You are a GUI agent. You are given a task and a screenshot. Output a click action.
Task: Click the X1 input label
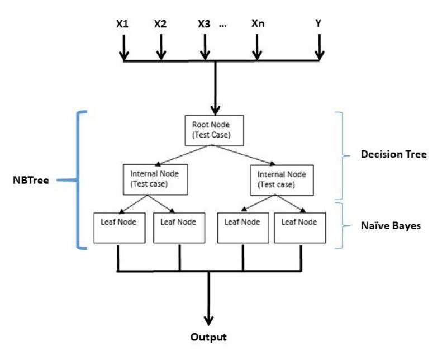[x=123, y=25]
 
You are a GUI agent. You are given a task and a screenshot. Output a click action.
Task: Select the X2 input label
[x=160, y=25]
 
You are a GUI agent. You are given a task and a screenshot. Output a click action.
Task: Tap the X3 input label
[x=204, y=25]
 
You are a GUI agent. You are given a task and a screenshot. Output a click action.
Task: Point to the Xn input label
[x=257, y=24]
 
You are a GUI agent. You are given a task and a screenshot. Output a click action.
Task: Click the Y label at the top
[x=319, y=24]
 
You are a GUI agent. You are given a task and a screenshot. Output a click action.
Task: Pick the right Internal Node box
[x=275, y=179]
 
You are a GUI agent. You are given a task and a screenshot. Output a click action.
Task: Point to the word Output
[x=209, y=338]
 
